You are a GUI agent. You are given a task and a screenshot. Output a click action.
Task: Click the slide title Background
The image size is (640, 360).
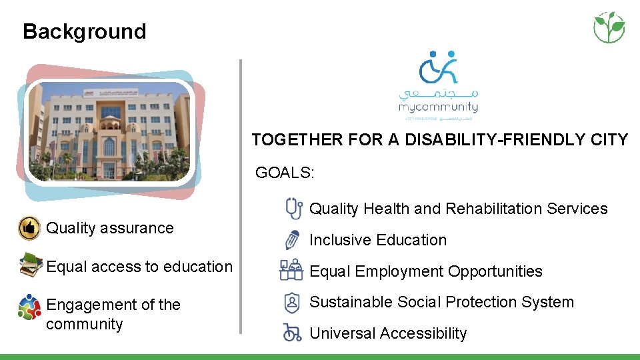pos(84,31)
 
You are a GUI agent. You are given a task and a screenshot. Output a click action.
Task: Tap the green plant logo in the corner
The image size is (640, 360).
pos(609,27)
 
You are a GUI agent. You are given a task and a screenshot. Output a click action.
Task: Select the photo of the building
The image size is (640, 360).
pos(111,131)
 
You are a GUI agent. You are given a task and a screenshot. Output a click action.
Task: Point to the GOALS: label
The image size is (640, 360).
pos(285,173)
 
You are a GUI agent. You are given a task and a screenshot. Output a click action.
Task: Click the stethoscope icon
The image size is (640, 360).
pos(292,208)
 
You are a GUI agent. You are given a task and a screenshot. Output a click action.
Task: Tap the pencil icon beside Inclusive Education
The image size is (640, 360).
pos(292,239)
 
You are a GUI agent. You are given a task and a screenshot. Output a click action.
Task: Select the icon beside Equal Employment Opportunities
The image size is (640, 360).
pos(291,271)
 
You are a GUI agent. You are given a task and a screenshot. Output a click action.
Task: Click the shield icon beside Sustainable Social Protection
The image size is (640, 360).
pos(292,302)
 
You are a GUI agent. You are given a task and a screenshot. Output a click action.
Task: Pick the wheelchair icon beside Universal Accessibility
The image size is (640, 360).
pos(292,332)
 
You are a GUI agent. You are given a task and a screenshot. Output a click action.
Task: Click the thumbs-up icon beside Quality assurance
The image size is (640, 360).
pos(29,228)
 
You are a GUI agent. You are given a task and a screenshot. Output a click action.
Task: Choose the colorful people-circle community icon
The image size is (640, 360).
pos(29,307)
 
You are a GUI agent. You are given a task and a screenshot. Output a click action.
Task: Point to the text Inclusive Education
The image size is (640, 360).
pos(378,240)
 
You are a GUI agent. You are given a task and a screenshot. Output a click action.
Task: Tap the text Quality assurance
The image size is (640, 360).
pos(109,228)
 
